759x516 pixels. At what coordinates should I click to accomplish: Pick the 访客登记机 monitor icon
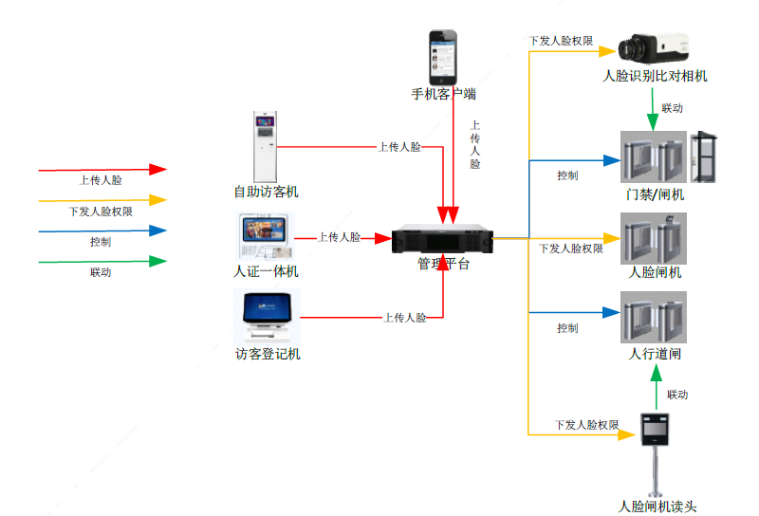tap(266, 316)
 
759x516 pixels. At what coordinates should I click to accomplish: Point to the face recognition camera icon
tap(655, 46)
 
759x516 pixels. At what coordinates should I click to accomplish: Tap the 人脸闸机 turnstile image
tap(653, 238)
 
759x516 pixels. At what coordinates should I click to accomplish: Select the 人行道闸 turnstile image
tap(653, 317)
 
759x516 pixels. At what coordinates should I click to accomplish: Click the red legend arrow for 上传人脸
tap(102, 170)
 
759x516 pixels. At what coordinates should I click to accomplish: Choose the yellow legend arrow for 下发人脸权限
tap(102, 200)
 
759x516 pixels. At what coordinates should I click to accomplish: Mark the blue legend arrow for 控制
tap(102, 230)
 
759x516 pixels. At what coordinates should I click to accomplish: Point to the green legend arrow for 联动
tap(102, 261)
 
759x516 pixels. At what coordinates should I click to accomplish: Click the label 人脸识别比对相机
tap(655, 76)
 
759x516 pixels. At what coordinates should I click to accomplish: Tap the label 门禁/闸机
tap(655, 194)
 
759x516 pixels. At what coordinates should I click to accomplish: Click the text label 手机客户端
tap(443, 94)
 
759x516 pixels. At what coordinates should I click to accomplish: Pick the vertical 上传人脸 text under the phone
tap(474, 144)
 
